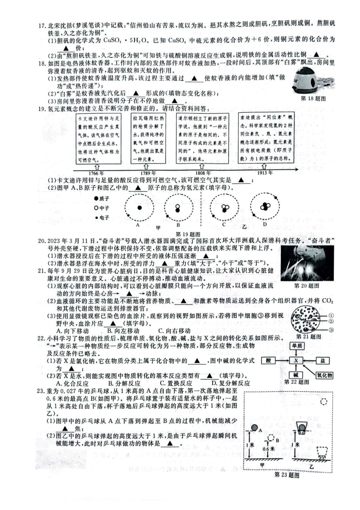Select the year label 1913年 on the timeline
265,173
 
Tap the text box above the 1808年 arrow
203,138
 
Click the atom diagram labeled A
139,208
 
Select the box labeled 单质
297,346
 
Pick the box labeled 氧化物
324,375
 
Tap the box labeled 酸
268,361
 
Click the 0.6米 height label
268,449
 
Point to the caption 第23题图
286,475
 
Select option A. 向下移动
72,331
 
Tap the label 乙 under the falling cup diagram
311,467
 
